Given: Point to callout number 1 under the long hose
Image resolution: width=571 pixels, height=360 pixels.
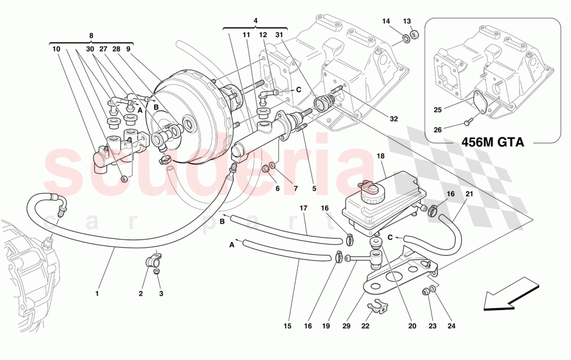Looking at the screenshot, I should tap(97, 294).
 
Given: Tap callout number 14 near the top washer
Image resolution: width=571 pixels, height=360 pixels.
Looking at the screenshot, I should tap(386, 21).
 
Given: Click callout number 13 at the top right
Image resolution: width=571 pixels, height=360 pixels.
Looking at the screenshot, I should tap(407, 21).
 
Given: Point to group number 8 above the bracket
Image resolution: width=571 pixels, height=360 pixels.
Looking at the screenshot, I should tap(91, 35).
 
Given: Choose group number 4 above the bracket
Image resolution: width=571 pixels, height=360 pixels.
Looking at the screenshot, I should tap(255, 21).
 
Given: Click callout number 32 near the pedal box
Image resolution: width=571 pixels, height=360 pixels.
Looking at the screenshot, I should tap(394, 119).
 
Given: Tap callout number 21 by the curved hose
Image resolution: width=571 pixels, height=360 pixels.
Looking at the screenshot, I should tap(469, 194).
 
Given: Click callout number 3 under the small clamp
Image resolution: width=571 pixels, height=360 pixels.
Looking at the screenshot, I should tap(161, 294).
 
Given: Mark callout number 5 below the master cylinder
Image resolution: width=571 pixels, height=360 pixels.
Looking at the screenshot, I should tap(314, 189).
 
